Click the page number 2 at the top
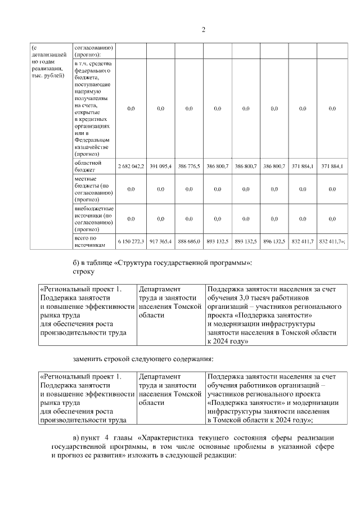click(203, 30)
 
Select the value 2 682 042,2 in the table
click(131, 167)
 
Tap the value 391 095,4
click(160, 167)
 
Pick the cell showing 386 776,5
click(188, 167)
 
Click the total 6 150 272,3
click(131, 241)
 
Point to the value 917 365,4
click(160, 241)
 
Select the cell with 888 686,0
click(188, 241)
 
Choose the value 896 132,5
click(274, 241)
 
